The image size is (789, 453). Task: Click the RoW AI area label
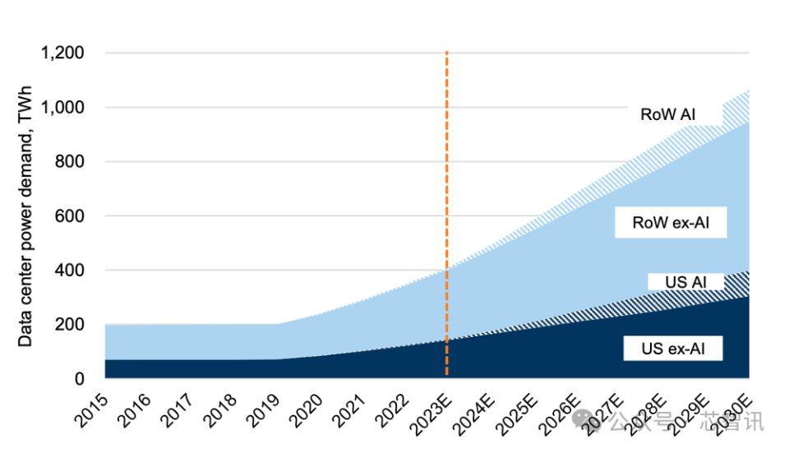click(667, 114)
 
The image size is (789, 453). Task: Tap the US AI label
click(686, 282)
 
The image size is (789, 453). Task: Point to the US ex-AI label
click(671, 348)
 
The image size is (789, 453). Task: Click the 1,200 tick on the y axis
click(62, 53)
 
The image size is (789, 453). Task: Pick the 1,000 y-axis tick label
click(62, 108)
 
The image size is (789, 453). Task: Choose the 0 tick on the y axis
click(80, 379)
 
